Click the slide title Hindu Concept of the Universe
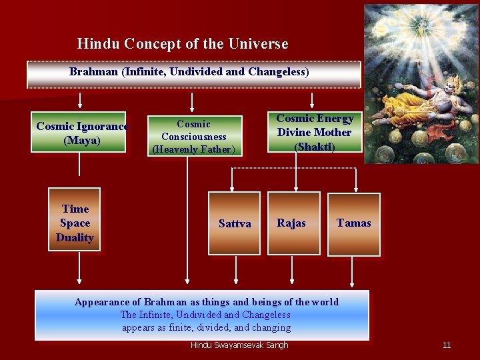pyautogui.click(x=183, y=44)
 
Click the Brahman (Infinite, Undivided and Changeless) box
pyautogui.click(x=193, y=74)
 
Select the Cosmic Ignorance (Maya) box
pyautogui.click(x=81, y=132)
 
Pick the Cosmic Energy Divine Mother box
pyautogui.click(x=315, y=132)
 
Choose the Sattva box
pyautogui.click(x=235, y=223)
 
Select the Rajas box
pyautogui.click(x=291, y=223)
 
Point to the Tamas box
pyautogui.click(x=353, y=223)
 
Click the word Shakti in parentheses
pyautogui.click(x=315, y=147)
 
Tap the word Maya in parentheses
pyautogui.click(x=81, y=141)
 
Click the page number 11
pyautogui.click(x=447, y=345)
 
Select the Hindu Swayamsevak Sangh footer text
pyautogui.click(x=239, y=345)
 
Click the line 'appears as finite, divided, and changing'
pyautogui.click(x=206, y=327)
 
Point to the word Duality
pyautogui.click(x=75, y=238)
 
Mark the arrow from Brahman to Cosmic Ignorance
pyautogui.click(x=81, y=100)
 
